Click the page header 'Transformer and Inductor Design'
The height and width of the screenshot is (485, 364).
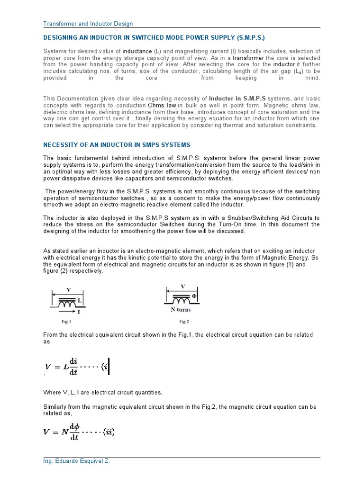88,24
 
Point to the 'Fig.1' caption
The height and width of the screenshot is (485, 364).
66,321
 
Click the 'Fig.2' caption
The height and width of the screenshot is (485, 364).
184,321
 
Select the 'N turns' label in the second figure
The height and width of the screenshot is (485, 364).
181,310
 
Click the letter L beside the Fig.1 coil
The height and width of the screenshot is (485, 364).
80,300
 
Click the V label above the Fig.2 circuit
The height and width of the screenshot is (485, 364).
182,286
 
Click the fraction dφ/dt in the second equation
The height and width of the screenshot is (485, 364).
74,432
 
